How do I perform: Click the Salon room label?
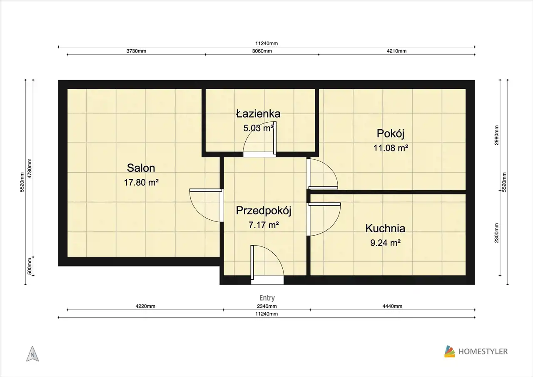coord(141,168)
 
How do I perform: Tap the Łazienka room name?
coord(258,113)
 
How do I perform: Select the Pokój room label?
coord(391,134)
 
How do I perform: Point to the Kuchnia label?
coord(385,228)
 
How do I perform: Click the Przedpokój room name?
coord(264,211)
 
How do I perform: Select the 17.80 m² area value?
coord(141,183)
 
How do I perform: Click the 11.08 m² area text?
coord(391,148)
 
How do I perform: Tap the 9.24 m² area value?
coord(385,243)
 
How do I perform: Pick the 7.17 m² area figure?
coord(264,225)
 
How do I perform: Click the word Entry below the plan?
coord(267,298)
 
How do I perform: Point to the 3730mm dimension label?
coord(136,51)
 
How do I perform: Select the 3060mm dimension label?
coord(262,51)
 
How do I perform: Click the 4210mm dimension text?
coord(397,51)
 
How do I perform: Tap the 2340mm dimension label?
coord(267,306)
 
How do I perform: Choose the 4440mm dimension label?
coord(392,306)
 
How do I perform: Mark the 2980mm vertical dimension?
coord(496,135)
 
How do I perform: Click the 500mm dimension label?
coord(30,266)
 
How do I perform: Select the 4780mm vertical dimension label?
coord(30,168)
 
